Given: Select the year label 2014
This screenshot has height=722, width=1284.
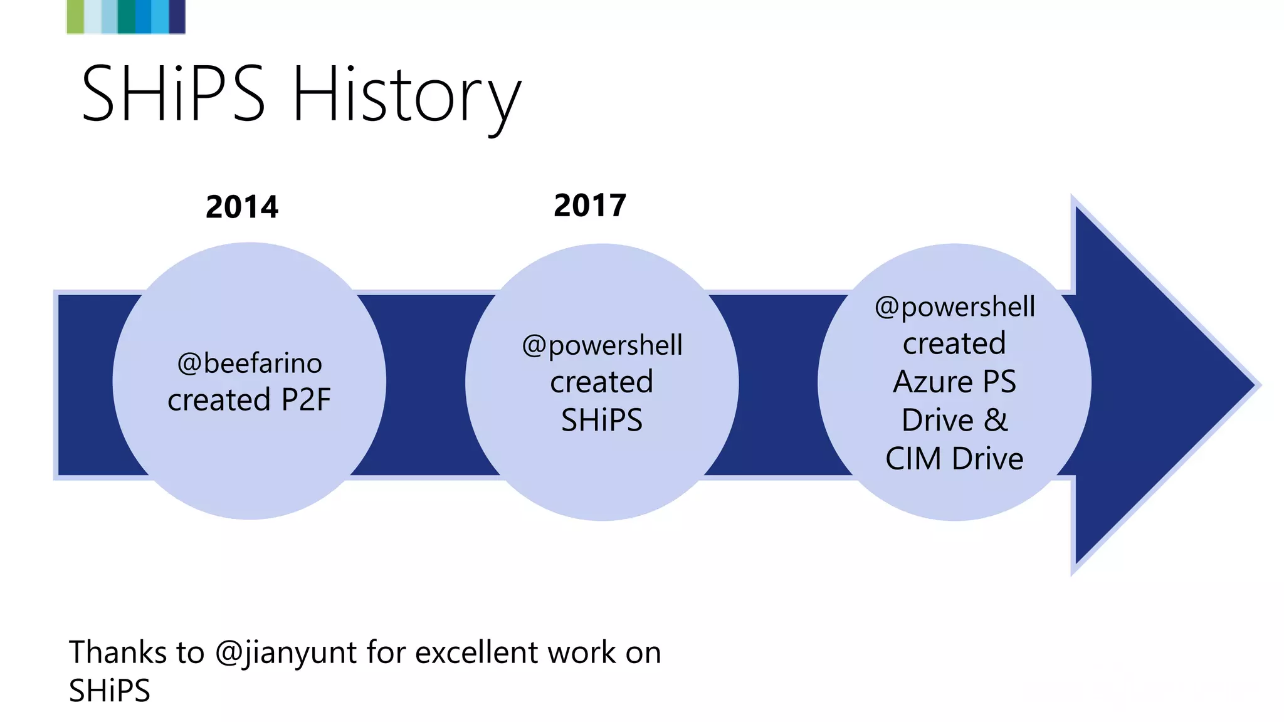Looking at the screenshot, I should (242, 207).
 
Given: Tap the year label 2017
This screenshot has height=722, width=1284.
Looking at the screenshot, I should (590, 206).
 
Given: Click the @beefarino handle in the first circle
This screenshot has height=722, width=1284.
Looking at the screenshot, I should (250, 364).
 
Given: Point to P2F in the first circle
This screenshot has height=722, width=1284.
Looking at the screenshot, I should (306, 400).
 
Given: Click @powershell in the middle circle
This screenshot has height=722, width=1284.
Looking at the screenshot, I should (602, 345).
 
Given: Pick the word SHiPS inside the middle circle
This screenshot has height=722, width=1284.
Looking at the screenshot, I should (602, 420).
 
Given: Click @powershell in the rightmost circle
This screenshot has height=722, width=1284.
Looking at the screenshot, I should (954, 307).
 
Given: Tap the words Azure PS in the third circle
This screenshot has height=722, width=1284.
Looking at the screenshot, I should (954, 382).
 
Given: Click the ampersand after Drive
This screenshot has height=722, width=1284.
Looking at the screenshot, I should (996, 420).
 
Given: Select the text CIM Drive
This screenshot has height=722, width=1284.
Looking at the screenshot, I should (954, 459).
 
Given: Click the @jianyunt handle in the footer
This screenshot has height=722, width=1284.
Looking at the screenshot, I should (286, 653).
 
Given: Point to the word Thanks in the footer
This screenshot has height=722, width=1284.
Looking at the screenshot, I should (118, 652).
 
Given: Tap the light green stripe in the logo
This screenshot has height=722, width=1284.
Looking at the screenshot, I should (75, 16).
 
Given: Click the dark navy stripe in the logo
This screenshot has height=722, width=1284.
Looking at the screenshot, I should (177, 16).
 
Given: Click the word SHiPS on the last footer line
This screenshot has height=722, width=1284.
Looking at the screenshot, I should (110, 691).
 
